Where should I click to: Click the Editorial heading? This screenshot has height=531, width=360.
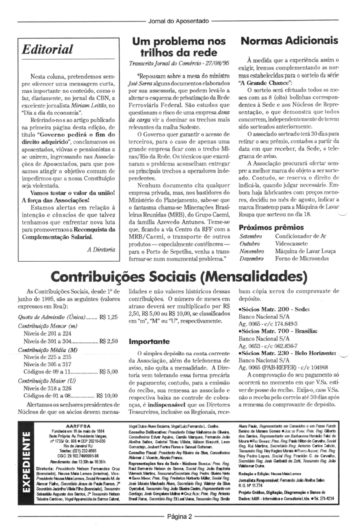click(47, 50)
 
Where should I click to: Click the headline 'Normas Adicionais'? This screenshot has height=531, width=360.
click(290, 41)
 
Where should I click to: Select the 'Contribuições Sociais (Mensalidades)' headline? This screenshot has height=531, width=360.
click(179, 277)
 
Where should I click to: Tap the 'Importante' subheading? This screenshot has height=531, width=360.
click(149, 342)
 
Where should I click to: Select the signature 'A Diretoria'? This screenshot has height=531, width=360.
click(101, 249)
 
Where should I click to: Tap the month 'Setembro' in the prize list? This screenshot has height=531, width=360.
click(250, 236)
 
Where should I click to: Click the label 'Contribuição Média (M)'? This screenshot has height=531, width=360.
click(48, 349)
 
